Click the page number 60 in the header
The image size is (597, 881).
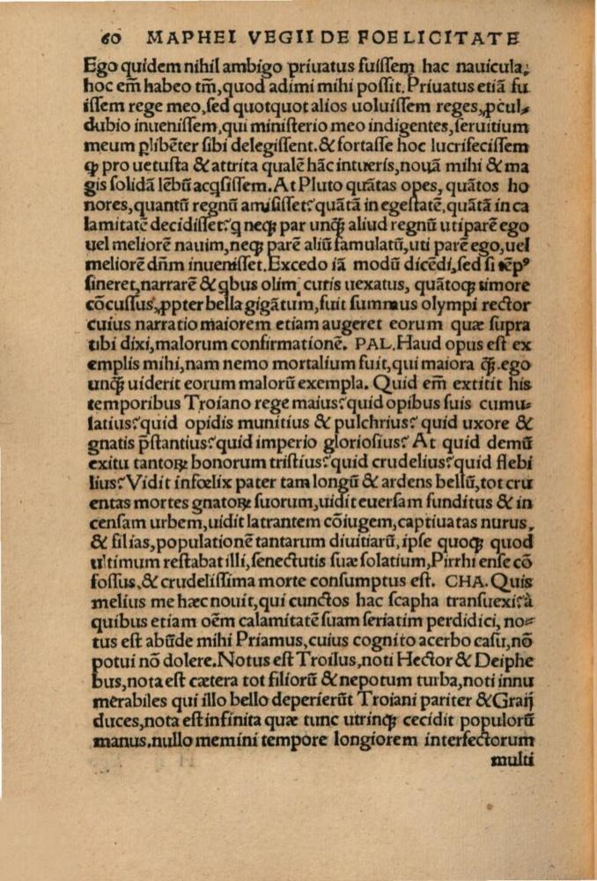111,38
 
